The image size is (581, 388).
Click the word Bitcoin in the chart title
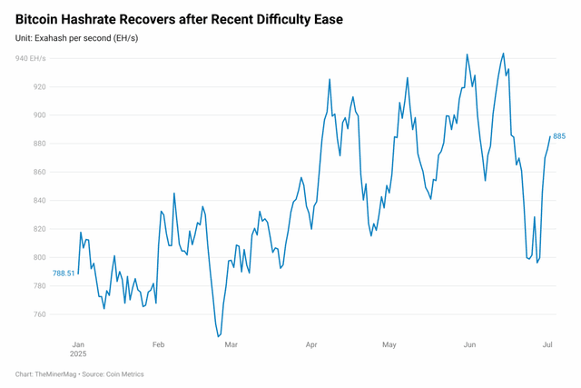click(x=42, y=19)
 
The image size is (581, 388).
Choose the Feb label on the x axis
click(x=158, y=345)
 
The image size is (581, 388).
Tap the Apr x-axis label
click(x=311, y=345)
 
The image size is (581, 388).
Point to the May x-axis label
click(x=389, y=345)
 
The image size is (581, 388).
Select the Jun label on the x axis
click(x=469, y=345)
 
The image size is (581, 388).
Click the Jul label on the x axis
click(x=547, y=345)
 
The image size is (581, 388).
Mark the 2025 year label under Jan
click(x=80, y=356)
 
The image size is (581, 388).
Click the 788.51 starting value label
click(x=64, y=273)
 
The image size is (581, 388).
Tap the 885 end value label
click(x=559, y=136)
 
